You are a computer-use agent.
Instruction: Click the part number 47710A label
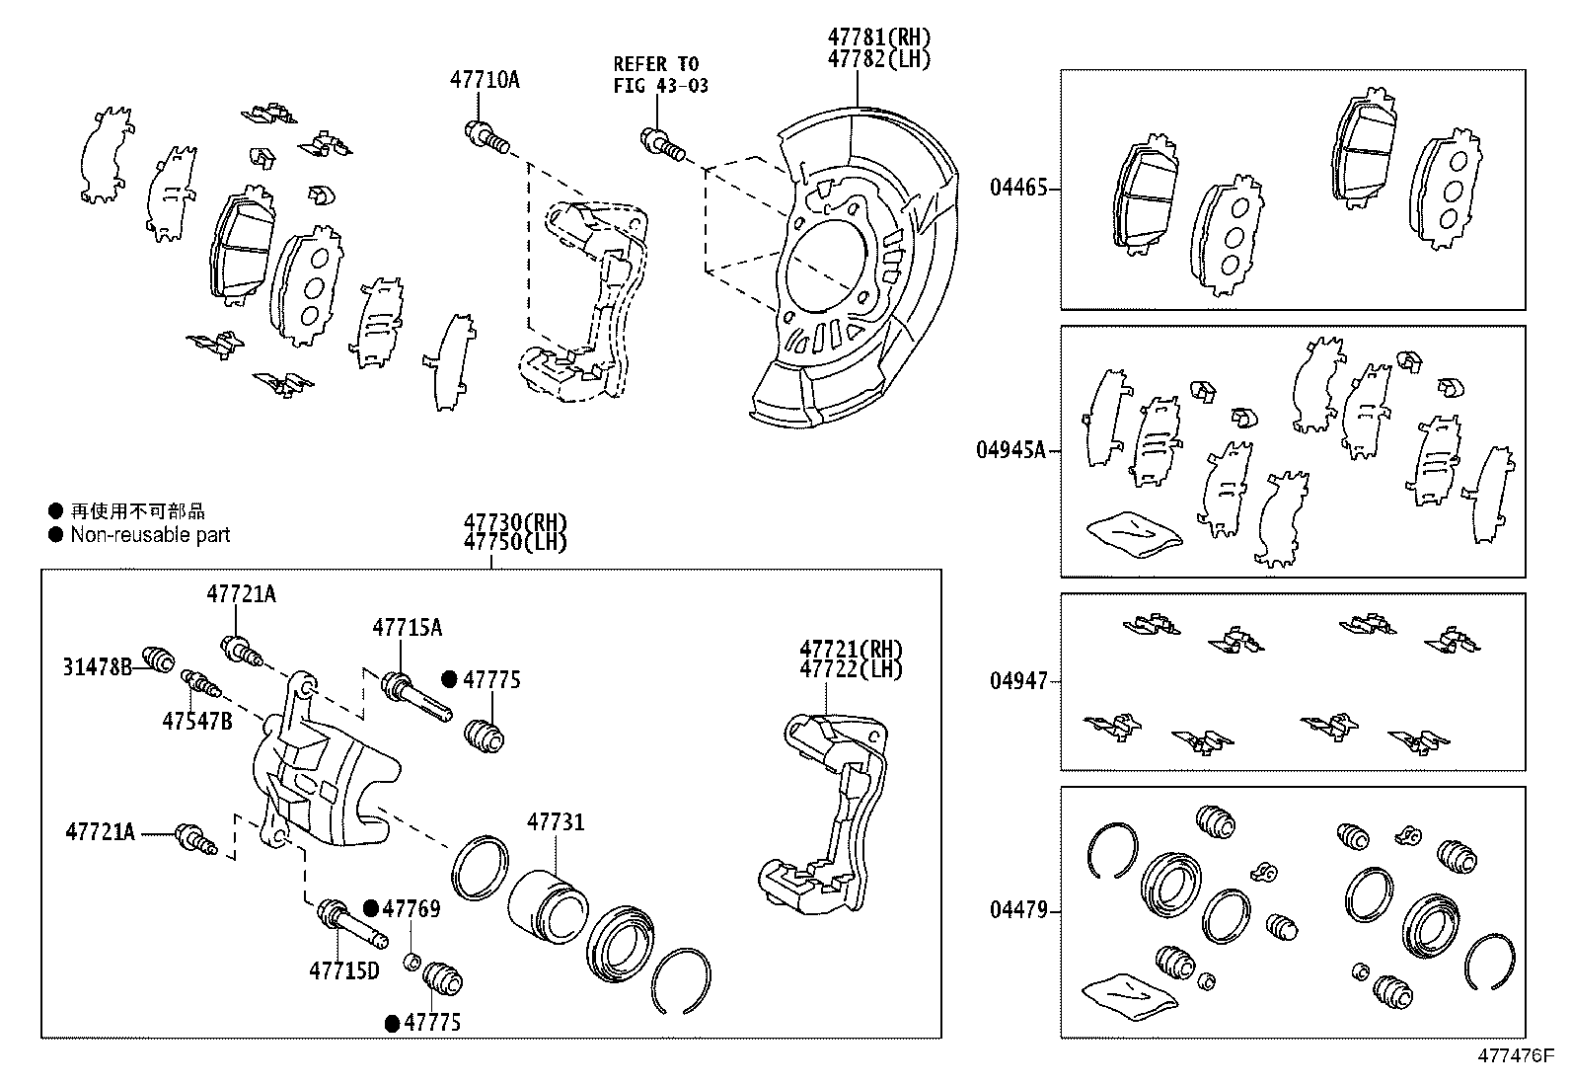click(x=485, y=80)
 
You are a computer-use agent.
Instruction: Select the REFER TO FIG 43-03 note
click(x=660, y=75)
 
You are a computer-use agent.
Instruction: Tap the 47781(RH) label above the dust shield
click(x=878, y=38)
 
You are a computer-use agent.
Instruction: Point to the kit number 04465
click(x=1017, y=188)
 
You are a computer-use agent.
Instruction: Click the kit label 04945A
click(x=1010, y=450)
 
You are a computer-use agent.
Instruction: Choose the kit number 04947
click(x=1017, y=681)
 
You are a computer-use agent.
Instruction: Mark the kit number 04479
click(x=1017, y=910)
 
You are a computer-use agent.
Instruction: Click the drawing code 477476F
click(x=1515, y=1055)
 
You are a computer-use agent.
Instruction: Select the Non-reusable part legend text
click(x=150, y=535)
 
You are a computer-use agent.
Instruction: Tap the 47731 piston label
click(x=555, y=821)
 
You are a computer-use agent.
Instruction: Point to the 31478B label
click(x=97, y=667)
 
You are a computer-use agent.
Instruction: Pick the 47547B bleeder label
click(x=196, y=721)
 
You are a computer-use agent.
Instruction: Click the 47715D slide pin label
click(x=343, y=970)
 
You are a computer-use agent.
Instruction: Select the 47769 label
click(x=411, y=908)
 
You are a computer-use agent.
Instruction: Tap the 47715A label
click(x=407, y=627)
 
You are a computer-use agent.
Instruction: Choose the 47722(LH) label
click(x=851, y=668)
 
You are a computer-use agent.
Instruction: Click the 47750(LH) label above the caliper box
click(x=515, y=542)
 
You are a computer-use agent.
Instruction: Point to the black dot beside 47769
click(x=371, y=908)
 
